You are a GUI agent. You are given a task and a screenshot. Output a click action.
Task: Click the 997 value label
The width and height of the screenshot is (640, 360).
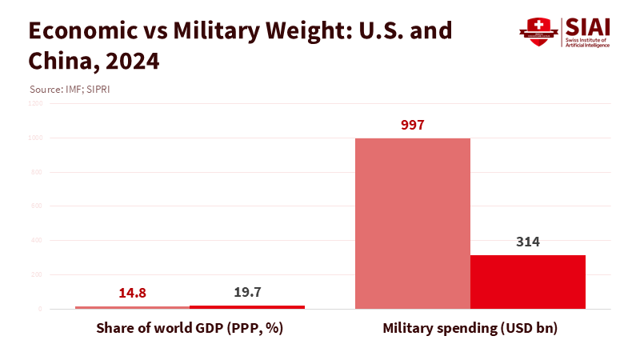tap(413, 125)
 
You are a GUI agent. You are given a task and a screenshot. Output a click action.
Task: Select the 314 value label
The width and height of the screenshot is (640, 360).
tap(528, 242)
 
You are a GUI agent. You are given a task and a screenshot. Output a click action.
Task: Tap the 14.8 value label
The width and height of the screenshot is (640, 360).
tap(133, 293)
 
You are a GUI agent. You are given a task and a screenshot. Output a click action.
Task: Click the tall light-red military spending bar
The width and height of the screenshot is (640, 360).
tap(413, 223)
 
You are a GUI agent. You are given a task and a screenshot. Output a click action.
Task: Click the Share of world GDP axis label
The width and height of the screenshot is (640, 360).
tap(190, 328)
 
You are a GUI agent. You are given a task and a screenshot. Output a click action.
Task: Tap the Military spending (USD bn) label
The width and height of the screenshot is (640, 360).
tap(470, 328)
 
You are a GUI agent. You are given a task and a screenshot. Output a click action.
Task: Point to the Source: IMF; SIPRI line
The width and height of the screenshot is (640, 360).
tap(70, 89)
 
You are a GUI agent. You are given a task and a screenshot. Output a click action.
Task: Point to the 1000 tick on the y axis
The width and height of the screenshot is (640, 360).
tap(37, 138)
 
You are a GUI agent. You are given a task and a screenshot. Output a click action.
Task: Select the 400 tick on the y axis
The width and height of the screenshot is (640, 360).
tap(38, 240)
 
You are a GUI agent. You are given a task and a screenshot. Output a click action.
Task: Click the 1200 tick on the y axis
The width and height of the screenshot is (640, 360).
tap(37, 103)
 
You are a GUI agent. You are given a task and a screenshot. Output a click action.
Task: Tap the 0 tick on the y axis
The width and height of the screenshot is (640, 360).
tap(40, 309)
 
